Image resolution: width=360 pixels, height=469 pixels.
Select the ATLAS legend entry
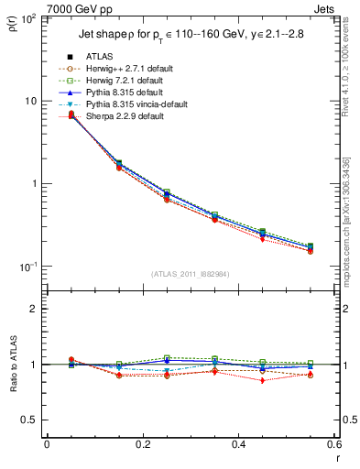pos(102,57)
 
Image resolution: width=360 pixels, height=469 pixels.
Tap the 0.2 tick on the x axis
pos(142,444)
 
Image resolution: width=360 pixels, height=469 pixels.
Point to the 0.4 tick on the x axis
pos(238,444)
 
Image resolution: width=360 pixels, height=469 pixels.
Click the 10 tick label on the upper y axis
pos(30,101)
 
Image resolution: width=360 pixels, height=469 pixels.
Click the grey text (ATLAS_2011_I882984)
pos(190,274)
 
